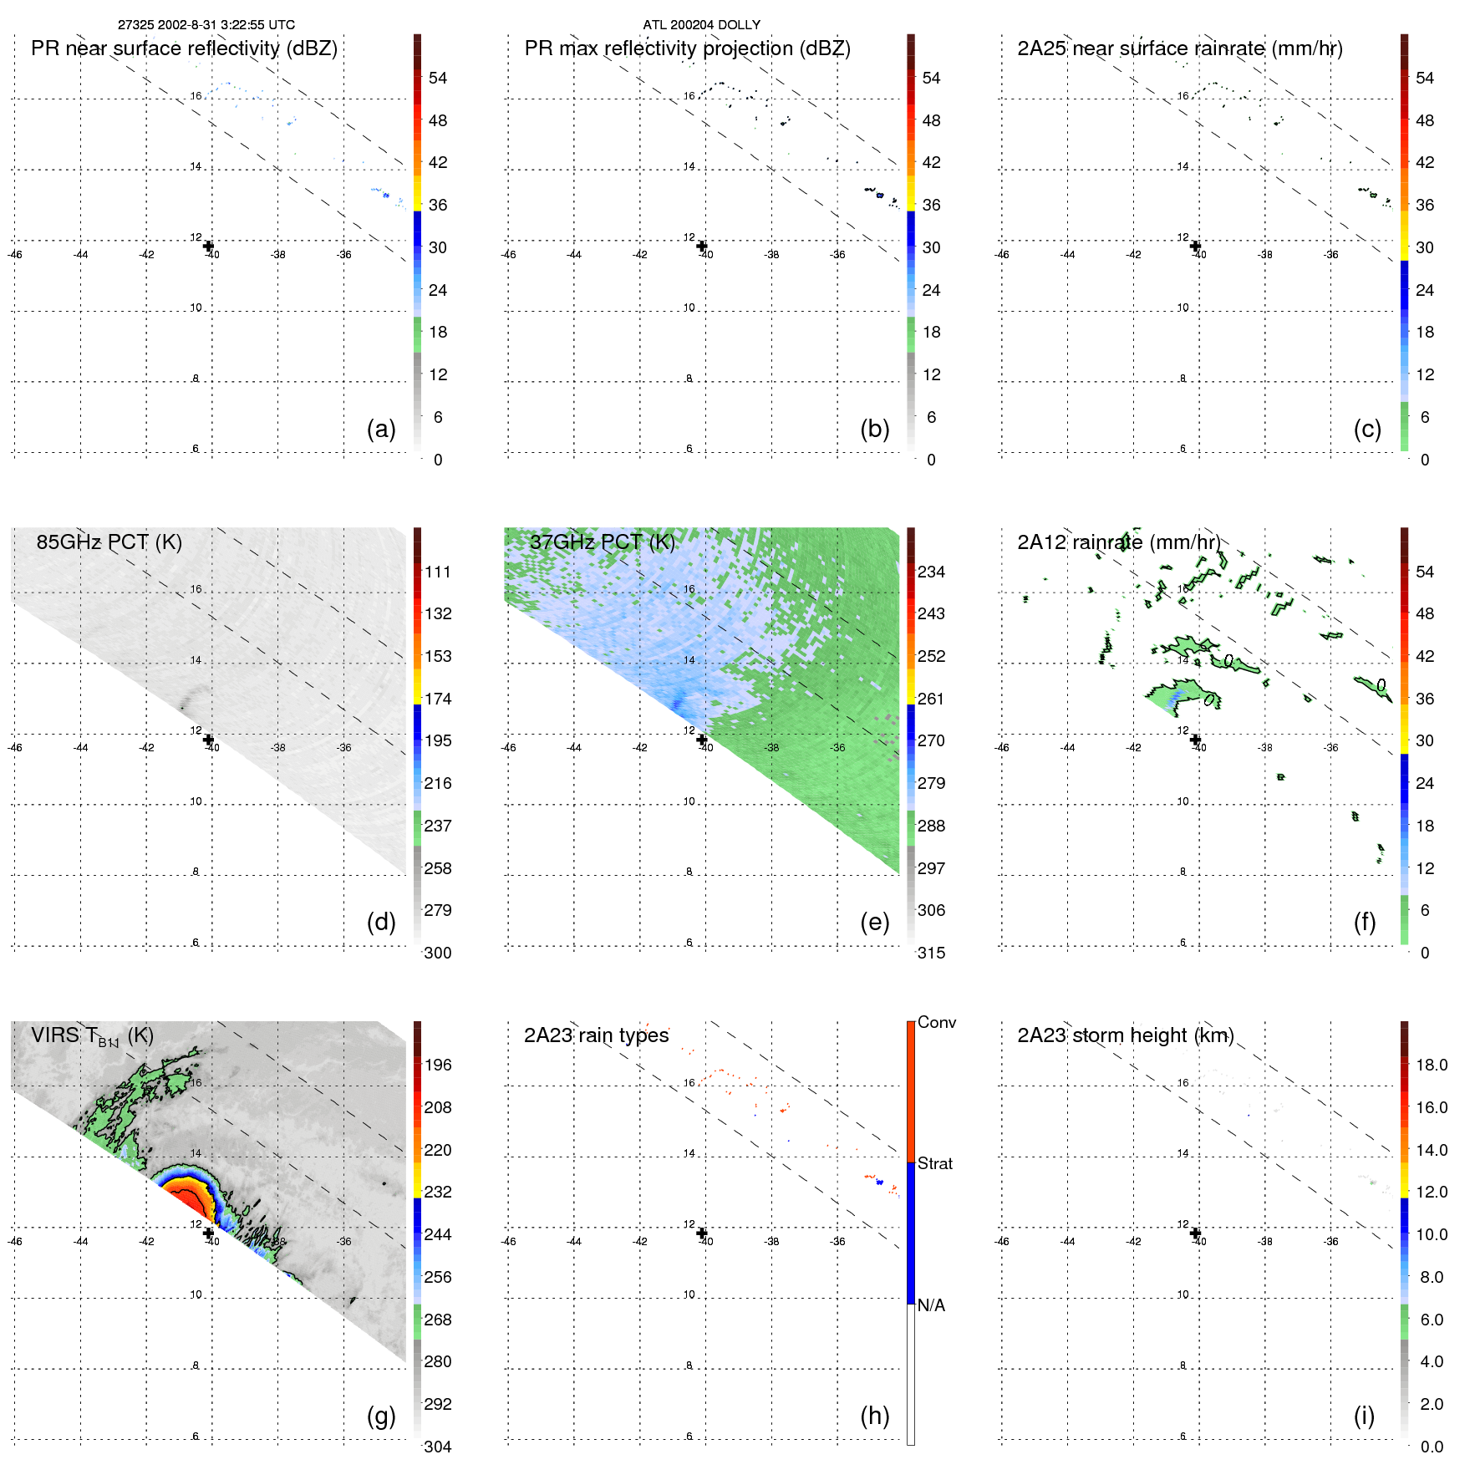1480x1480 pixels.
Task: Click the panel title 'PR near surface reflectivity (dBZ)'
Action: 184,48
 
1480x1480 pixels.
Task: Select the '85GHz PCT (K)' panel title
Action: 109,542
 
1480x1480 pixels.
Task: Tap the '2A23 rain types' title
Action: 596,1035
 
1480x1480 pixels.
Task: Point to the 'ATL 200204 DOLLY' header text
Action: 701,25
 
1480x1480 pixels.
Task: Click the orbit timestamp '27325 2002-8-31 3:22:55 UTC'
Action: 206,25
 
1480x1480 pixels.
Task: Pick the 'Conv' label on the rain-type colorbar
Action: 936,1022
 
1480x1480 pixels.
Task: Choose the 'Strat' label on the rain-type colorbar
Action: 934,1163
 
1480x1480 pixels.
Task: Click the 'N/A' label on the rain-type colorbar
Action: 931,1305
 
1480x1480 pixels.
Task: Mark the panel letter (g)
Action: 381,1416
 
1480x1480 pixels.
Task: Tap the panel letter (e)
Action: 874,922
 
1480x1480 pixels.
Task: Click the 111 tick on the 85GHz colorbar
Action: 438,572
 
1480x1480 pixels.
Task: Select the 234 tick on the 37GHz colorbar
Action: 931,572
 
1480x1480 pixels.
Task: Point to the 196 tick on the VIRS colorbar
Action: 438,1065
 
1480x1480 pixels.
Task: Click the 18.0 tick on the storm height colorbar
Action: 1432,1065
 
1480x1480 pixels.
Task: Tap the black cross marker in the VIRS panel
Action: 208,1233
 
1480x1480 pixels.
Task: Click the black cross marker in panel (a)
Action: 208,246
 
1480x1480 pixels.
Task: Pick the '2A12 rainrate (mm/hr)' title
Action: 1118,542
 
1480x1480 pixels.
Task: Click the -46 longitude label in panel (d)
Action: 14,747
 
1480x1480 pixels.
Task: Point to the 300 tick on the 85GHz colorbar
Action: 438,953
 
